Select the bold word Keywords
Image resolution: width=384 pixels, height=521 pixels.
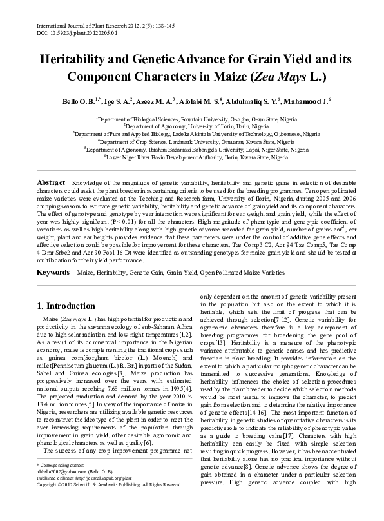[x=53, y=273]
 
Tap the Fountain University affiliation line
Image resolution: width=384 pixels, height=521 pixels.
[x=191, y=119]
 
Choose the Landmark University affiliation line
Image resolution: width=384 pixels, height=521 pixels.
[x=191, y=141]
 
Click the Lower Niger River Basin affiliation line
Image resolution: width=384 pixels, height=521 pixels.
[x=191, y=155]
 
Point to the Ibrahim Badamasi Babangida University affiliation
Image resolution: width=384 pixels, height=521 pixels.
[x=191, y=148]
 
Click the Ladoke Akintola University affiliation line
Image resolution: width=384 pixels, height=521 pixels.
[x=191, y=133]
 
